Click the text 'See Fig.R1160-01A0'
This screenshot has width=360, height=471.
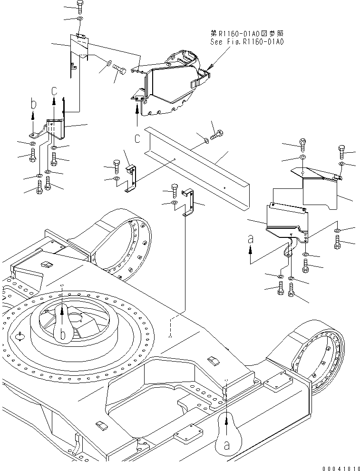click(x=247, y=42)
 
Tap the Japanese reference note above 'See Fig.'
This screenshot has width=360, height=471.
click(x=247, y=34)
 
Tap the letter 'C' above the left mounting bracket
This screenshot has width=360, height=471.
click(x=55, y=90)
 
